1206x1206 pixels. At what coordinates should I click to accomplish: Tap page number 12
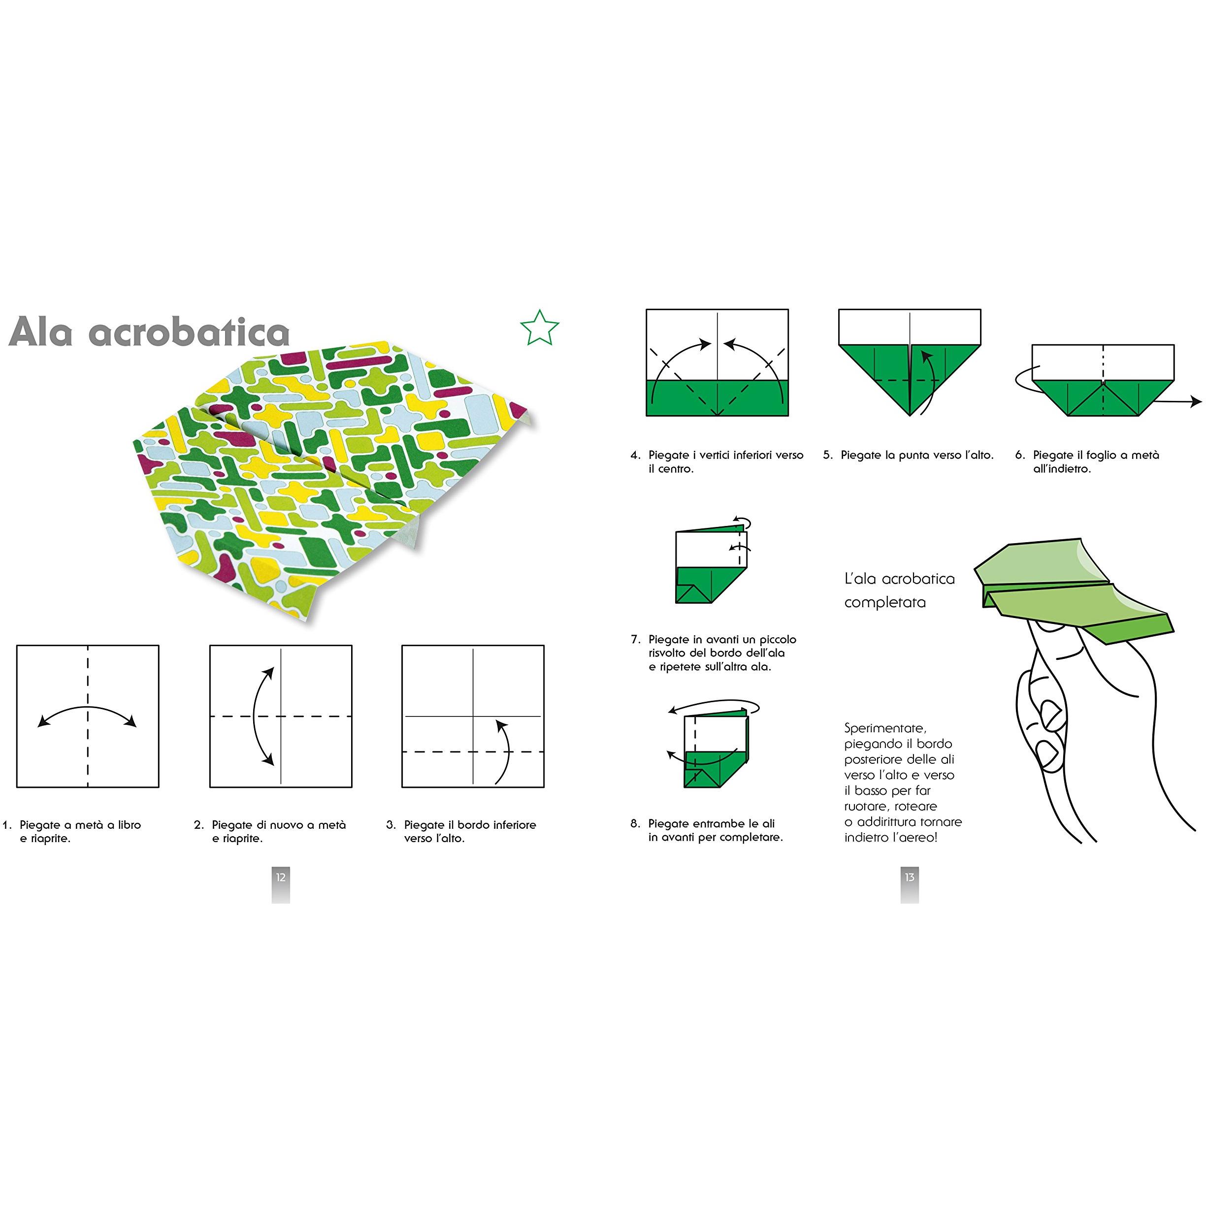point(281,877)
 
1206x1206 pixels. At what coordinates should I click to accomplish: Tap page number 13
point(910,877)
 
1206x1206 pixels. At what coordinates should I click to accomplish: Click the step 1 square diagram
point(88,716)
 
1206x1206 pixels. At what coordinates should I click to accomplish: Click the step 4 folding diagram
point(717,362)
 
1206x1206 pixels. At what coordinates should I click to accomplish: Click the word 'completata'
point(884,602)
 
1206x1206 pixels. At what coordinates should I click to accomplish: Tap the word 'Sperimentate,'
point(885,728)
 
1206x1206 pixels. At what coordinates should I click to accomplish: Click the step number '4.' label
point(635,455)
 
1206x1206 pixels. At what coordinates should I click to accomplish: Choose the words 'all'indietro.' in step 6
point(1062,469)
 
